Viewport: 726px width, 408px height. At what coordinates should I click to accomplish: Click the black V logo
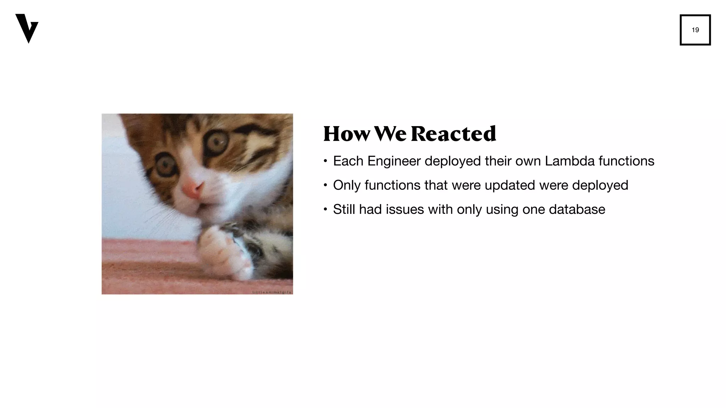(x=27, y=28)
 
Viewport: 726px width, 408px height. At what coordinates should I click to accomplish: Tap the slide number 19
(x=695, y=30)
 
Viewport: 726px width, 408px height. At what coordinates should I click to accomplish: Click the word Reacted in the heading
(x=453, y=134)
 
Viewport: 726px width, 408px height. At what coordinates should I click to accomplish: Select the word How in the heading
(x=346, y=134)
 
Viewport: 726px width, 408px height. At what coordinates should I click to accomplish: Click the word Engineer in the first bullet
(x=394, y=161)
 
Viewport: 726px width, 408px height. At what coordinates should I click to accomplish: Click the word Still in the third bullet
(x=344, y=209)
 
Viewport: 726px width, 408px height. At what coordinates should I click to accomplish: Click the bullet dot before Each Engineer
(x=325, y=161)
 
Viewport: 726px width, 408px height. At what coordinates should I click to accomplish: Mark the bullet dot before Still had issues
(x=325, y=210)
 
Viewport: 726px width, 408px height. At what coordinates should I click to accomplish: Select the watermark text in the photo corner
(x=272, y=292)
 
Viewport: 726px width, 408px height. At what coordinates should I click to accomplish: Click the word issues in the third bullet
(x=405, y=209)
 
